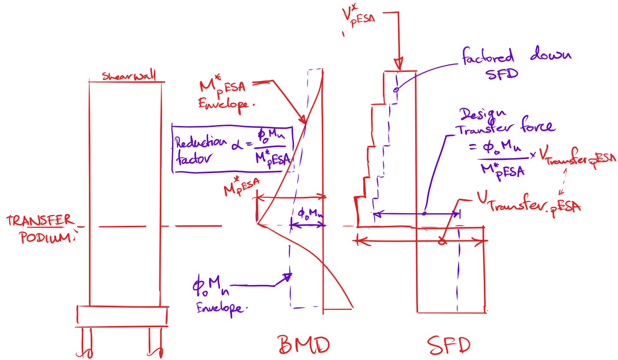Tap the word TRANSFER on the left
coord(39,221)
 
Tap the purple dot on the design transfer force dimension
coord(424,213)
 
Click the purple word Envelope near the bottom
coord(222,308)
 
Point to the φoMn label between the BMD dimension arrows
coord(309,213)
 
